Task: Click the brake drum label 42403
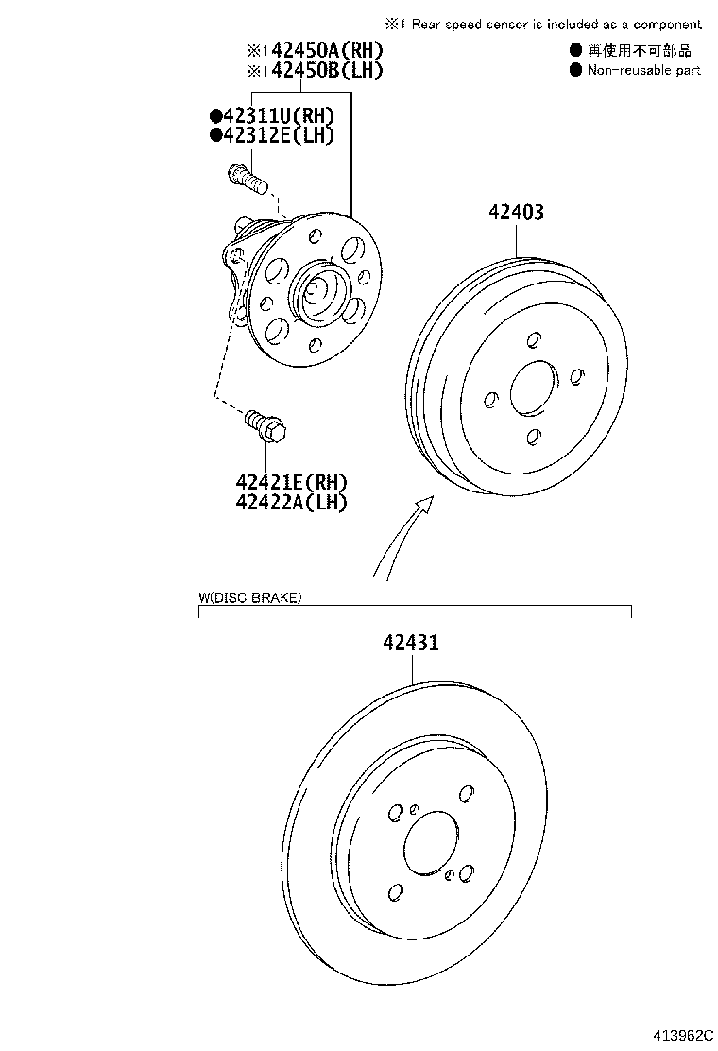point(516,213)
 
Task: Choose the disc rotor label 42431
point(411,644)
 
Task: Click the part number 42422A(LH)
point(292,502)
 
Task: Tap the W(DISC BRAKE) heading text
point(250,597)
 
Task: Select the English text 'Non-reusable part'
point(643,70)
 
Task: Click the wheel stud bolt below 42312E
point(247,177)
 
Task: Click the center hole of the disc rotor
point(431,843)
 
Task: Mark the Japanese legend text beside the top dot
point(640,50)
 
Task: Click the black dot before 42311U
point(216,115)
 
